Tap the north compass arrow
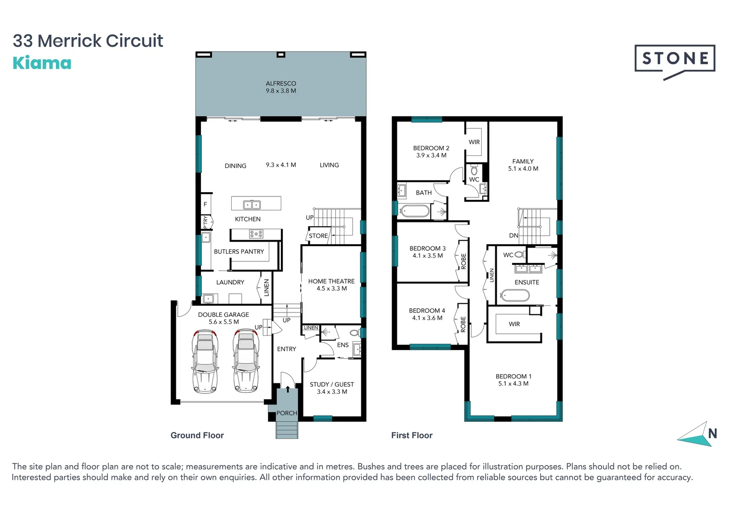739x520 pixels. coord(697,435)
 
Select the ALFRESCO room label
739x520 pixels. coord(281,83)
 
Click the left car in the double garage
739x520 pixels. coord(205,361)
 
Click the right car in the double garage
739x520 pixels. coord(246,361)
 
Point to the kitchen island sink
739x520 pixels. coord(251,205)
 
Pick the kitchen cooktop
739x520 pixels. coord(256,234)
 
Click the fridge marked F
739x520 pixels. coord(205,204)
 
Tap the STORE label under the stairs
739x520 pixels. coord(318,236)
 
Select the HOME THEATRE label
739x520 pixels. coord(331,281)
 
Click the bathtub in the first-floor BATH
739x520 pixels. coord(414,211)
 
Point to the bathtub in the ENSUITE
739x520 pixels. coord(515,295)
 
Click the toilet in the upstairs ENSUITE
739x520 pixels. coord(520,255)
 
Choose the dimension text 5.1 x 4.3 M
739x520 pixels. coord(513,384)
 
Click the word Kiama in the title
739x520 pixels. coord(42,63)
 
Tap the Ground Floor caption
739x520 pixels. coord(197,435)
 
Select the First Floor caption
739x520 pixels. coord(411,435)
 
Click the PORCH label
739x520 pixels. coord(287,413)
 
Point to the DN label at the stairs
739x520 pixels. coord(514,235)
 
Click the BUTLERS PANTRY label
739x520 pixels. coord(239,251)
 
